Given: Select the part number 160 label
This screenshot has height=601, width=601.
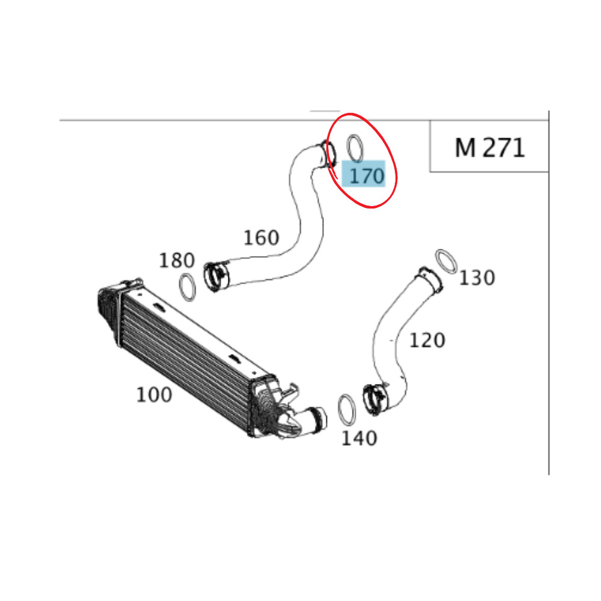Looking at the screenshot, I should pos(261,238).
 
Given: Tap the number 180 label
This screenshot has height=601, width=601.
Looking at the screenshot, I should pos(177,261).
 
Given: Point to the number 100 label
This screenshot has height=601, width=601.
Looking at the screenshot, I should pos(154,395).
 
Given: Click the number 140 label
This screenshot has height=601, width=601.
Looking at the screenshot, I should pos(359,438).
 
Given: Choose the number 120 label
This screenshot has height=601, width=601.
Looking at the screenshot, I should pos(427,341).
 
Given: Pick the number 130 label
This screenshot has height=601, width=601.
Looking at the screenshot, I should pos(477,278).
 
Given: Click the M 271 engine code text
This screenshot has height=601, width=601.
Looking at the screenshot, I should pos(489,147).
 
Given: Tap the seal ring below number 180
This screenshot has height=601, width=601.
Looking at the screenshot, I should pos(188,287).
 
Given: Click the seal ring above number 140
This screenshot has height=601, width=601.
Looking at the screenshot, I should pos(347,410).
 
